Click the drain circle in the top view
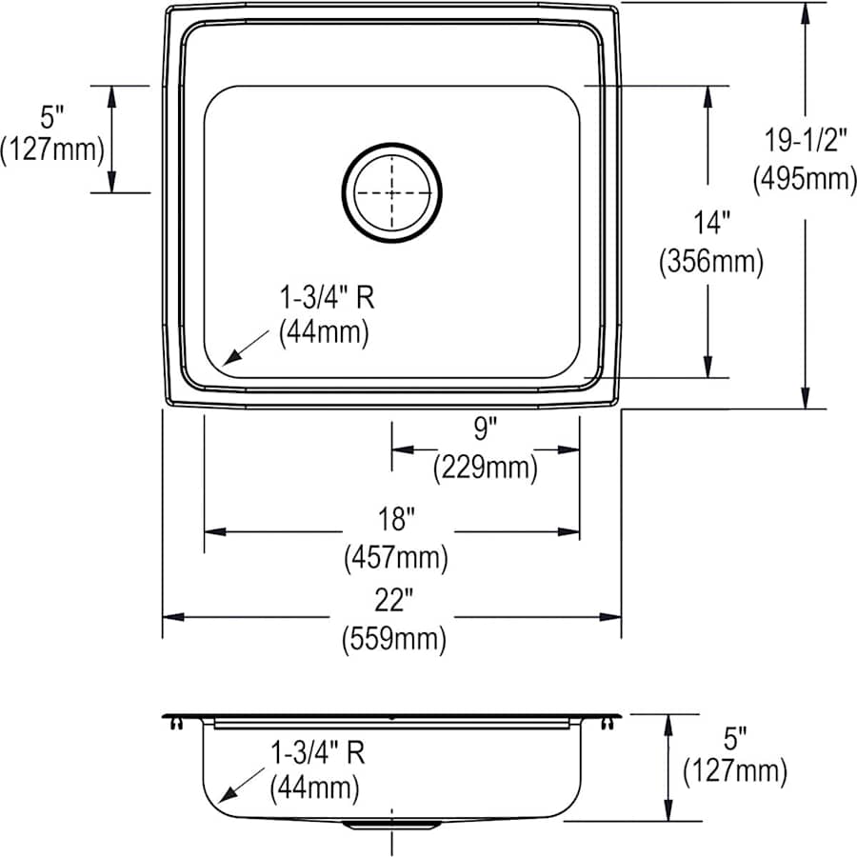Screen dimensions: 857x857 click(x=392, y=192)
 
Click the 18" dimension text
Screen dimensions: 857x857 click(x=394, y=519)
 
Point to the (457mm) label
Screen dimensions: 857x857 click(x=395, y=558)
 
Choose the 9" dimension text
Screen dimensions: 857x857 click(x=485, y=429)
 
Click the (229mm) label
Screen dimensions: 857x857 click(x=485, y=468)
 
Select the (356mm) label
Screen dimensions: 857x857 click(x=711, y=262)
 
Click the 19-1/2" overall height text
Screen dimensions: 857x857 click(x=806, y=140)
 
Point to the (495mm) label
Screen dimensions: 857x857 click(x=805, y=179)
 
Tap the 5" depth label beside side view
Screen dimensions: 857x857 click(x=734, y=735)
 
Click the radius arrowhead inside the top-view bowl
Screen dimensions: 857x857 click(x=229, y=360)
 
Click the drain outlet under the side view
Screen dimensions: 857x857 click(x=391, y=824)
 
